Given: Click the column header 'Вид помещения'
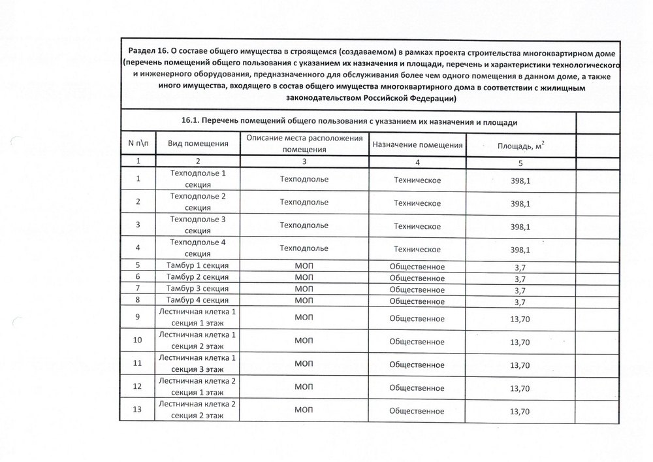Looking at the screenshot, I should tap(197, 144).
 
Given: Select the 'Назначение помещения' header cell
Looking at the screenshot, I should tap(417, 144).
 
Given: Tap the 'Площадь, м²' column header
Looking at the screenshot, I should tap(520, 145).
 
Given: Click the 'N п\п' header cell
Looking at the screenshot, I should tap(138, 144).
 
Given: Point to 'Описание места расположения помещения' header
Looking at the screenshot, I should tap(304, 144).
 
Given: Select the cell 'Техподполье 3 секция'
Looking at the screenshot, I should tap(197, 225).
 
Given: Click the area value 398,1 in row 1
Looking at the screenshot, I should tap(520, 180).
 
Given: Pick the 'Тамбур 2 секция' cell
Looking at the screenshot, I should tap(197, 277).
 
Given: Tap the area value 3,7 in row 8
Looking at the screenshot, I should tap(520, 301).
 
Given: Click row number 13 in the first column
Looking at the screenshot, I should tap(138, 410).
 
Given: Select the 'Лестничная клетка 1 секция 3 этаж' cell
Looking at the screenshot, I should tap(197, 364).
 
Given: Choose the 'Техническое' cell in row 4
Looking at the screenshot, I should tap(417, 250).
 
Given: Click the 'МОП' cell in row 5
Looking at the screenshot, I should tap(304, 266).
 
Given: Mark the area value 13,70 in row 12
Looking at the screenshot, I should tap(520, 388).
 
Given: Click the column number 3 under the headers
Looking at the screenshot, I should tap(304, 161).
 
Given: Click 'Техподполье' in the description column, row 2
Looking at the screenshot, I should tap(304, 202).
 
